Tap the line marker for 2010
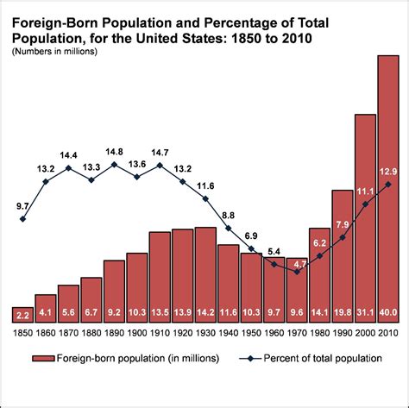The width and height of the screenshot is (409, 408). tap(388, 184)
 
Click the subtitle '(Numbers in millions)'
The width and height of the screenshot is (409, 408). tap(53, 53)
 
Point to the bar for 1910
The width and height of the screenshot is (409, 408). tap(160, 272)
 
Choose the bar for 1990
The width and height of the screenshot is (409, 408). tap(343, 250)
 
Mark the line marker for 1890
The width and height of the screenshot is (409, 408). tap(114, 164)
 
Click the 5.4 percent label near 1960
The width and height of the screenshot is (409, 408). tap(274, 252)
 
